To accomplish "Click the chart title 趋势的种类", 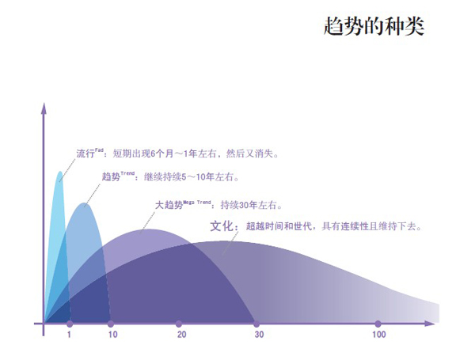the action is point(374,26).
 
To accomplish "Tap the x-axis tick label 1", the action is point(69,335).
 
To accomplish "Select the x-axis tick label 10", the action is point(112,335).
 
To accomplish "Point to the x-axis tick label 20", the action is point(181,335).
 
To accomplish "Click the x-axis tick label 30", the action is point(259,335).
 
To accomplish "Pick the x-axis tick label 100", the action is point(378,335).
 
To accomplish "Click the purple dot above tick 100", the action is point(378,324).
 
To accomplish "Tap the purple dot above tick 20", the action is point(179,324).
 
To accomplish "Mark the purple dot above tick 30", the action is point(256,324).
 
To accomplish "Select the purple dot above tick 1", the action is point(70,324).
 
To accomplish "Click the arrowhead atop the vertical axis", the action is point(44,108).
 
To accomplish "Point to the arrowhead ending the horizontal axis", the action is point(429,324).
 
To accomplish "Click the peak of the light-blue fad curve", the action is point(60,172).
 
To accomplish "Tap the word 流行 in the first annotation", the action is point(85,153).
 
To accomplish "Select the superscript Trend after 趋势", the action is point(127,173).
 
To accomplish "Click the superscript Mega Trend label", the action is point(197,202).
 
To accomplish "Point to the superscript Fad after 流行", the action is point(99,150).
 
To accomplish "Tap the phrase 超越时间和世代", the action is point(279,226).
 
